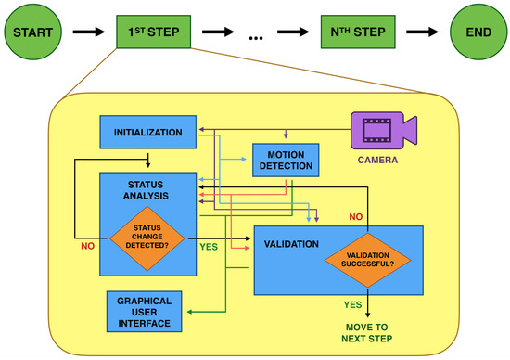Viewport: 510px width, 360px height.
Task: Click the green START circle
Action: [32, 32]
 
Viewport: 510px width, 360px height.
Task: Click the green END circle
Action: [477, 32]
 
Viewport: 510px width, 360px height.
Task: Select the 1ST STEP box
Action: [154, 32]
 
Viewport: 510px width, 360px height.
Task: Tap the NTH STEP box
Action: [358, 32]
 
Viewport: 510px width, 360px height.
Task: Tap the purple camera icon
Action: [383, 130]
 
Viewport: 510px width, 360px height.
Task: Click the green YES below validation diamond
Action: [352, 303]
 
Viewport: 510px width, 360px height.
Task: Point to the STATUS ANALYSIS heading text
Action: [148, 191]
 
